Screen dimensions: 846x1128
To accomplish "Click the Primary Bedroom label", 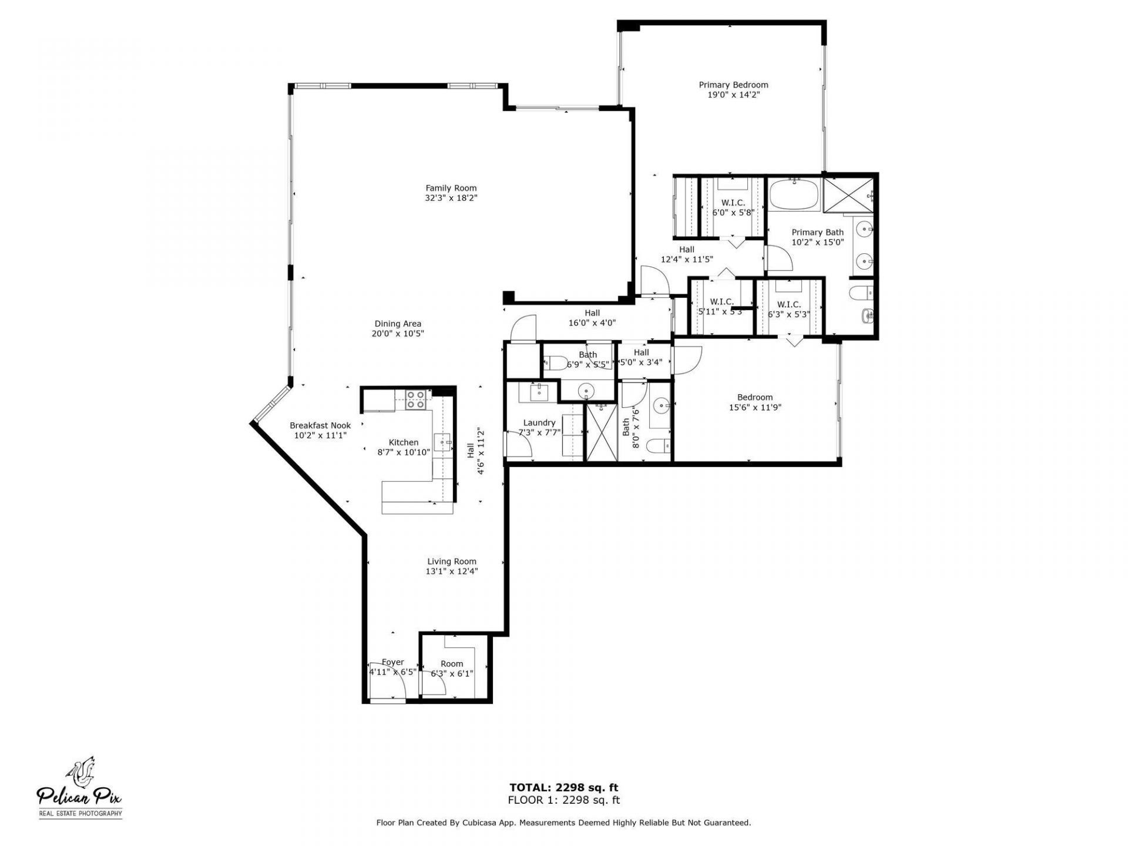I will pos(733,85).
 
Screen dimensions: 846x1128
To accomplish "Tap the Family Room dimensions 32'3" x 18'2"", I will pos(451,199).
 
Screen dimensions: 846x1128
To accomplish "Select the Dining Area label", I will pos(398,324).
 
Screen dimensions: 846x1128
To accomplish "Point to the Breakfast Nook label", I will pos(320,425).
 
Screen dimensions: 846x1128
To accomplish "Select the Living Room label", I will pos(451,561).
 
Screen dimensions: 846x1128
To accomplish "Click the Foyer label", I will pos(392,662).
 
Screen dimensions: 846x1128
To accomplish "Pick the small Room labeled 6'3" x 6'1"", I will pos(451,669).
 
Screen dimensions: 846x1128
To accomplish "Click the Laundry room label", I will pos(539,422).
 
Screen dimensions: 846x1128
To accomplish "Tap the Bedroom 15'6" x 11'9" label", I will pos(755,397).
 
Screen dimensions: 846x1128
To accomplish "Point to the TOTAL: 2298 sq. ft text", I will pos(563,788).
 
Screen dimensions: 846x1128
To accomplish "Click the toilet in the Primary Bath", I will pos(864,292).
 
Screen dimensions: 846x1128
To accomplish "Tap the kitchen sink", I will pos(442,441).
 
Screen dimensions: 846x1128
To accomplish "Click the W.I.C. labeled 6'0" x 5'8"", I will pos(733,207).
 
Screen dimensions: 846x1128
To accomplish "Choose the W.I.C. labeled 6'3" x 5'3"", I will pos(788,309).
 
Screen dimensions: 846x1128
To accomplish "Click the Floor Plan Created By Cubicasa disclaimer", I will pos(563,823).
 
